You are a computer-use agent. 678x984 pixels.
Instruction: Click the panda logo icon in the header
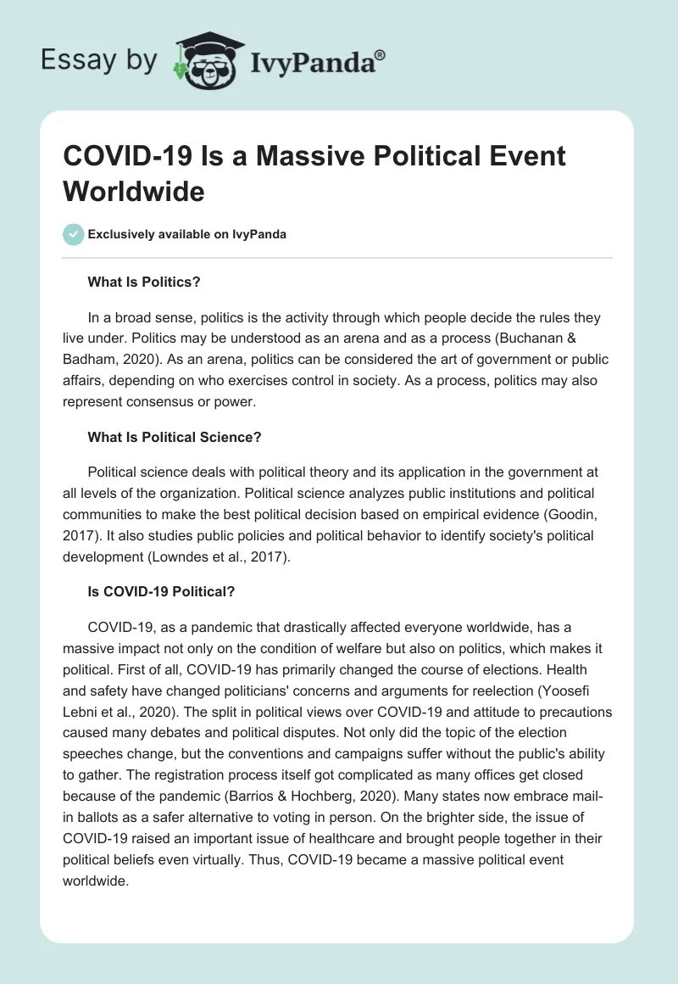(x=208, y=59)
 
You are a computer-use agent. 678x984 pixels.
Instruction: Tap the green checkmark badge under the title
(x=74, y=234)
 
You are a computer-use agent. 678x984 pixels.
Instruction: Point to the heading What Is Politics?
(x=143, y=281)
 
